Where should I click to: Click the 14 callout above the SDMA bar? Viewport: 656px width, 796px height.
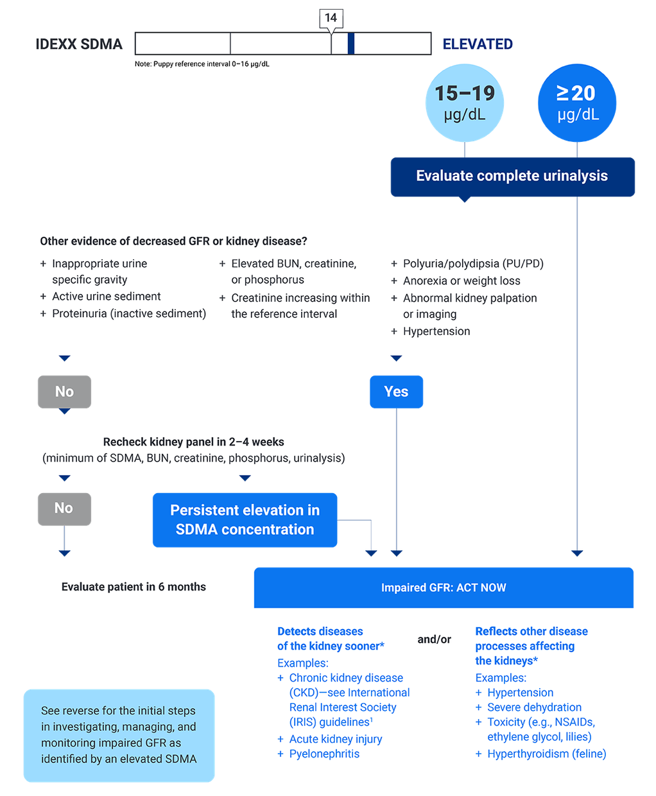(x=331, y=18)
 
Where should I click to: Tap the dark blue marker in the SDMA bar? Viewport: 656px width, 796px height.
(x=351, y=44)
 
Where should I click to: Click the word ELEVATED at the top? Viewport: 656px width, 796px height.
(x=478, y=44)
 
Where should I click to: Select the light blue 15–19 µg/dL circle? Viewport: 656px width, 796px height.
(x=465, y=103)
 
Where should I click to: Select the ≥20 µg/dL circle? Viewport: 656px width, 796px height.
(x=577, y=103)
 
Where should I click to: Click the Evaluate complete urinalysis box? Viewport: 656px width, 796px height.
(x=512, y=176)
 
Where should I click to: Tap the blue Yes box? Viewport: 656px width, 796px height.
(x=396, y=392)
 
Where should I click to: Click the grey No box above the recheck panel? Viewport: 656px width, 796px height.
(x=64, y=392)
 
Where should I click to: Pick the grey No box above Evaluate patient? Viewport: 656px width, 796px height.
(x=64, y=508)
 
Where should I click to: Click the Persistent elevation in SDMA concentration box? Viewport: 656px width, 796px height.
(x=245, y=520)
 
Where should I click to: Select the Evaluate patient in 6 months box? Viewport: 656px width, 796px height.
(x=134, y=587)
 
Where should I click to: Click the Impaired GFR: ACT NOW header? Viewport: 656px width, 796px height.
(x=444, y=587)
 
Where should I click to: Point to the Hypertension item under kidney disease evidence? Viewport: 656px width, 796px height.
(x=436, y=331)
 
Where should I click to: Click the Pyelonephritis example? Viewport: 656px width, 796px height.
(x=324, y=754)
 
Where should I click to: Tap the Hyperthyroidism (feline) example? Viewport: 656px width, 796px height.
(x=546, y=754)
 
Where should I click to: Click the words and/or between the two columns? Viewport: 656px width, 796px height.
(x=435, y=639)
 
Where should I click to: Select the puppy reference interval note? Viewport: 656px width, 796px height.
(x=202, y=64)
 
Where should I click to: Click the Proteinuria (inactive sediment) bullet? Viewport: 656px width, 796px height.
(x=128, y=313)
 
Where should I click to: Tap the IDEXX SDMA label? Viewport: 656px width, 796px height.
(x=78, y=44)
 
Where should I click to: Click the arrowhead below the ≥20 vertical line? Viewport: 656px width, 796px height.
(x=577, y=553)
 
